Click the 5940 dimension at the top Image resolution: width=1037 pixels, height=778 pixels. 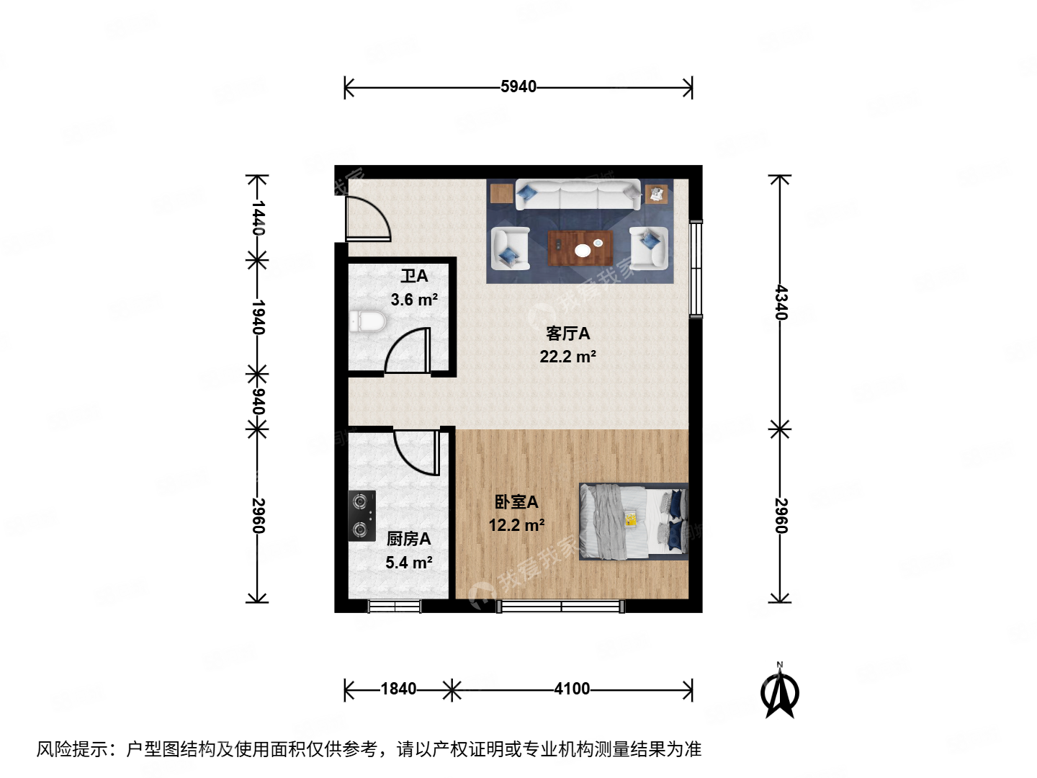click(x=518, y=87)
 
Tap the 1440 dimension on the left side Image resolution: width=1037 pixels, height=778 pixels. click(x=257, y=218)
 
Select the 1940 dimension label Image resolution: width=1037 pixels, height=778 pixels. click(x=257, y=318)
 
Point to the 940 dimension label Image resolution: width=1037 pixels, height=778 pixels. click(x=257, y=402)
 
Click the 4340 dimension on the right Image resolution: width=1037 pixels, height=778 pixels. click(x=781, y=303)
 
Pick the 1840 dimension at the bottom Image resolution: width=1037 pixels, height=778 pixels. click(x=398, y=689)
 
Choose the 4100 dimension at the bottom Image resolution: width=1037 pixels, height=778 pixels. click(x=572, y=689)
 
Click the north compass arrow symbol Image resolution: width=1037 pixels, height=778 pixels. click(x=779, y=693)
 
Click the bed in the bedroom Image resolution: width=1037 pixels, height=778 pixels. click(x=634, y=522)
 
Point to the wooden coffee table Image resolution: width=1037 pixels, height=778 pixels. click(x=580, y=249)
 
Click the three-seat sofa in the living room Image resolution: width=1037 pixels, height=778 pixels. click(x=578, y=194)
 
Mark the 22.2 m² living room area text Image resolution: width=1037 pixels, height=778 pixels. click(x=567, y=357)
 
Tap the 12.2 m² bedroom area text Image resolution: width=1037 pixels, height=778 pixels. click(x=516, y=525)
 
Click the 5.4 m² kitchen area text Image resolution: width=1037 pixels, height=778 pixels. click(x=408, y=563)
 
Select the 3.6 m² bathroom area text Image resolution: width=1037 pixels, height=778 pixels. click(x=414, y=300)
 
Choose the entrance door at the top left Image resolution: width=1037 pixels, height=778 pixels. click(x=367, y=218)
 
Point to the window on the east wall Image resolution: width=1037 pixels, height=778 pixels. click(x=695, y=269)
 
